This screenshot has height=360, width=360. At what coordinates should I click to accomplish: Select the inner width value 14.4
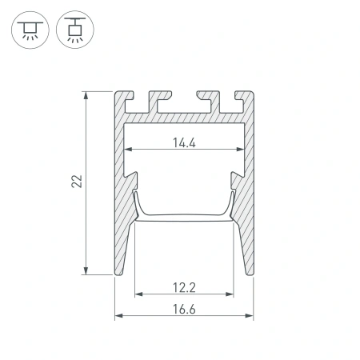184,144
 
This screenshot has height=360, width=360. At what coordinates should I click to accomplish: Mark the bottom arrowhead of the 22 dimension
86,272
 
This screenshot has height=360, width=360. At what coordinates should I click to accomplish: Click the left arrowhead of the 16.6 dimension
118,316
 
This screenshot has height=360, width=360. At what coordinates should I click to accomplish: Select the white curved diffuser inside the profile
184,214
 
